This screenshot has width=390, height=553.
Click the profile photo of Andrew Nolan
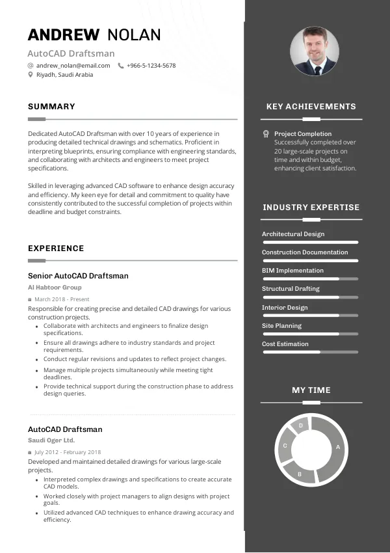click(x=314, y=51)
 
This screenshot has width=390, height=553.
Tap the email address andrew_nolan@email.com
click(x=73, y=66)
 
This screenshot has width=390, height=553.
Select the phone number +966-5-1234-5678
click(x=151, y=66)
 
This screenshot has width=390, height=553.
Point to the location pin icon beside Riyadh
click(x=31, y=75)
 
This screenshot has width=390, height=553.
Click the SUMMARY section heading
click(x=51, y=107)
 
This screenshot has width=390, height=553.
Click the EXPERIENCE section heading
click(x=56, y=249)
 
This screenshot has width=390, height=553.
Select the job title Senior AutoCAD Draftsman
click(x=78, y=276)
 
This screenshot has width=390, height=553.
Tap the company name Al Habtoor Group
click(x=55, y=287)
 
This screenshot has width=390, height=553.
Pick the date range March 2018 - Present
click(x=62, y=299)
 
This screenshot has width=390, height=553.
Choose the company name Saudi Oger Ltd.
click(x=51, y=440)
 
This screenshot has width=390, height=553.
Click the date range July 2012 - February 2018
click(x=68, y=452)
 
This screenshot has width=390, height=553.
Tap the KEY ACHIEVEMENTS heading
click(x=311, y=107)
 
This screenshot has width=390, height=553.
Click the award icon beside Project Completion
click(x=266, y=133)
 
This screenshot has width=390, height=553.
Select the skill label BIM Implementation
click(x=292, y=271)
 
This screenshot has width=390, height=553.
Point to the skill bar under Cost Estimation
click(x=311, y=352)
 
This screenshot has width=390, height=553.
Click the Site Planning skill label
click(x=281, y=325)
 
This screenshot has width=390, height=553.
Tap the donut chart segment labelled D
click(x=300, y=426)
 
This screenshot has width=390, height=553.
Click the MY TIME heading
click(x=311, y=390)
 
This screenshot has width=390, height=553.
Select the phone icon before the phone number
click(x=121, y=66)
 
